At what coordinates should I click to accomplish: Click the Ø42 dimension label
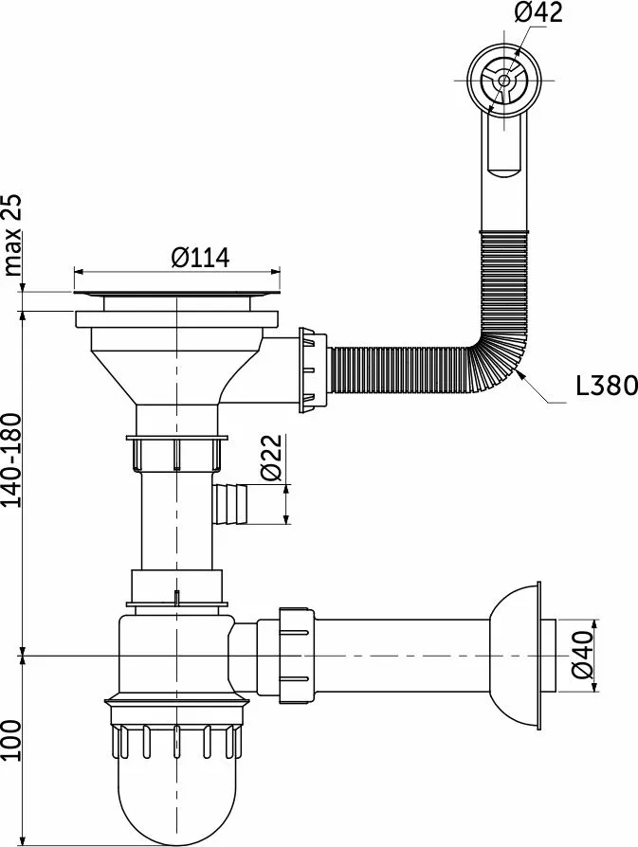pos(538,12)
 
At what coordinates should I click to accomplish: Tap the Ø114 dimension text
pos(200,258)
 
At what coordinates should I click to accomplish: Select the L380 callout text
pos(606,386)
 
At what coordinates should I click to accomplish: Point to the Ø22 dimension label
pos(271,457)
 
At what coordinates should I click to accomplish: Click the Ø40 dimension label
pos(582,655)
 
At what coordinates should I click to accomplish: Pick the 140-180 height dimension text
pos(12,460)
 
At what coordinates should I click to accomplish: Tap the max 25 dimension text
pos(12,235)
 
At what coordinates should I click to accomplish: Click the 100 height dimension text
pos(12,741)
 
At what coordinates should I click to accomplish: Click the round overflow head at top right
pos(504,81)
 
